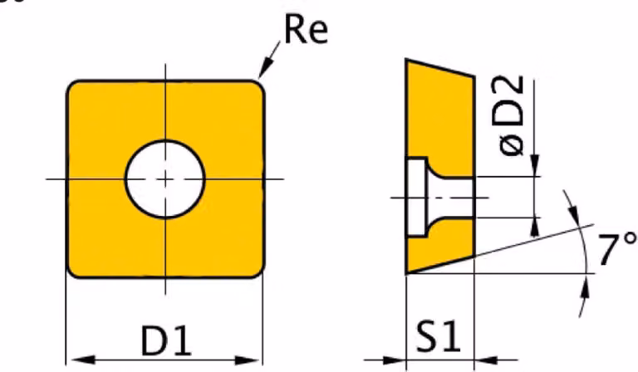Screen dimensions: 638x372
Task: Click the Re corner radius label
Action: pos(306,30)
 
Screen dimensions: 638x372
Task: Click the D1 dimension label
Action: pos(166,340)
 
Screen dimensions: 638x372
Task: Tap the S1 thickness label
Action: pos(439,336)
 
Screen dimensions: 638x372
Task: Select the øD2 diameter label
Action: pos(512,115)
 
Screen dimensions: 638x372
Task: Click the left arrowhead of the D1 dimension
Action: pos(82,360)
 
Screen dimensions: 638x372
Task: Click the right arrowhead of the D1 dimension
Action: pos(248,360)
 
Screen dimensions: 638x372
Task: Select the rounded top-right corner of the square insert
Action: pos(259,86)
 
